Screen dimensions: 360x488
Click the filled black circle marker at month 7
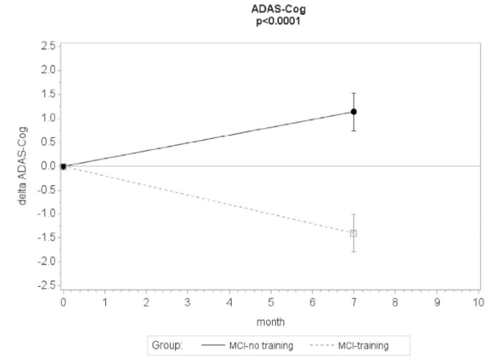pos(353,112)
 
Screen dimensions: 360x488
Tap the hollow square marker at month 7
pos(353,234)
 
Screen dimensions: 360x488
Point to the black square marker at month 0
pos(63,166)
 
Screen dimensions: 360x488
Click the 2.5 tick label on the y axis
pos(48,46)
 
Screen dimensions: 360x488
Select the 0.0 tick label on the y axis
pos(48,166)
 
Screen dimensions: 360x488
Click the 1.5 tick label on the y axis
pos(48,94)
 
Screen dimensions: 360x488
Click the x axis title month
pos(270,322)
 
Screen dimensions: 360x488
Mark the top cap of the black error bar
pos(353,93)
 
